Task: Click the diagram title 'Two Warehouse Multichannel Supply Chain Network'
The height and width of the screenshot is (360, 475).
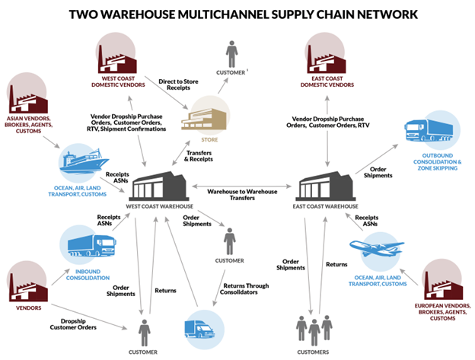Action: (237, 13)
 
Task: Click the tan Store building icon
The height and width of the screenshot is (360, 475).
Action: (200, 115)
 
